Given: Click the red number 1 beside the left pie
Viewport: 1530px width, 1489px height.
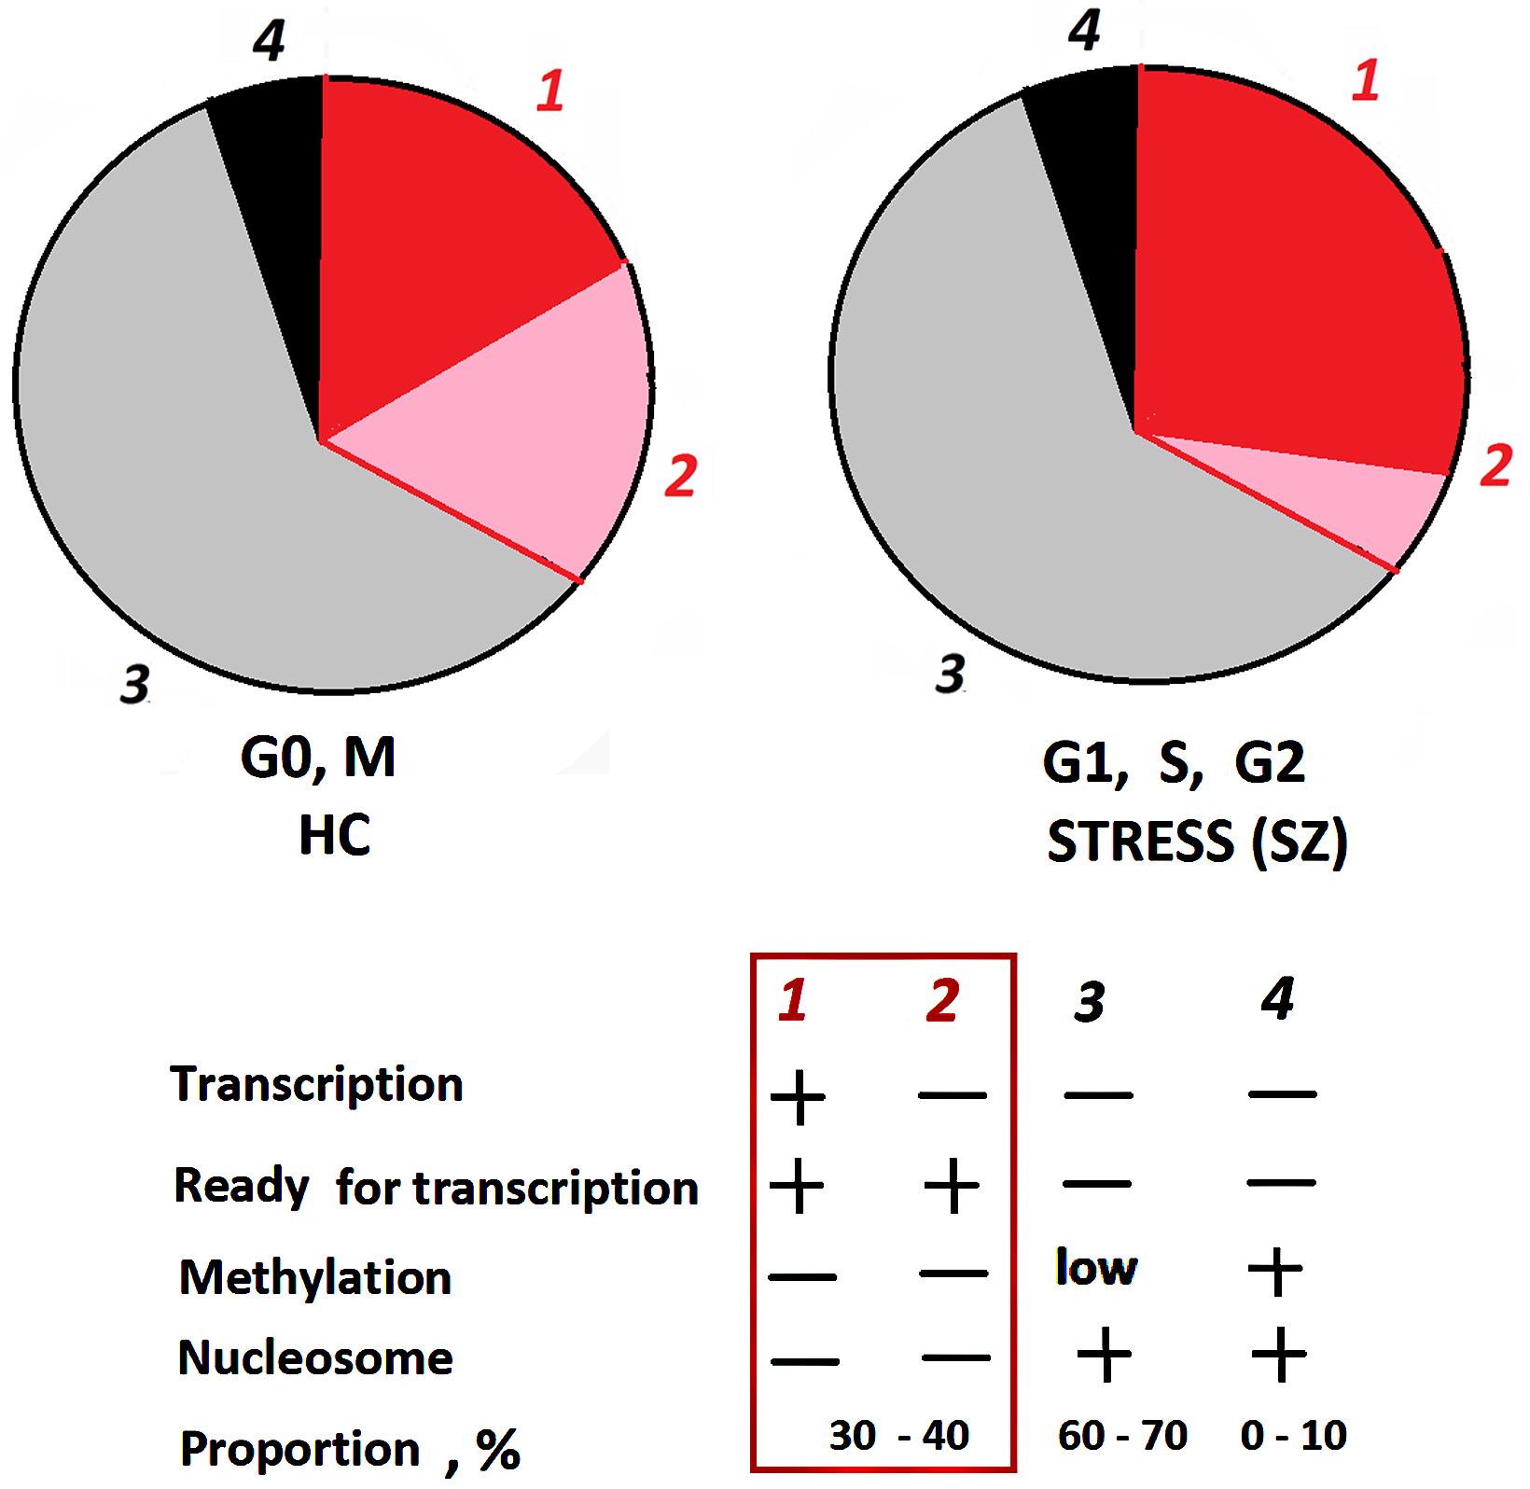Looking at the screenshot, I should coord(550,90).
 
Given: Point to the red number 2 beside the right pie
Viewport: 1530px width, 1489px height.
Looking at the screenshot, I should coord(1495,466).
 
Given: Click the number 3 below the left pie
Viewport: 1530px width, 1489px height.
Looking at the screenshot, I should coord(135,684).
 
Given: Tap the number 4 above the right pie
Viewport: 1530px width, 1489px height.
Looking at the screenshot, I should coord(1084,30).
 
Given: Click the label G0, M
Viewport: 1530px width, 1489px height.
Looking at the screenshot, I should coord(318,757).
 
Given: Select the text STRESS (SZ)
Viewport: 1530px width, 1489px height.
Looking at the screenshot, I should coord(1197,842).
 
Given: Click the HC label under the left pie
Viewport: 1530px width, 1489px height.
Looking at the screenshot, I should coord(334,835).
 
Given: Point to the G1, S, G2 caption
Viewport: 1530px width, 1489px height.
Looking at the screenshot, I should coord(1173,763).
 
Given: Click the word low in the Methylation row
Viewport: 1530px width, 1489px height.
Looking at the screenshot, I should coord(1096,1268).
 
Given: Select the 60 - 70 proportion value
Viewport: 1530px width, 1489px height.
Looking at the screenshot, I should coord(1122,1435).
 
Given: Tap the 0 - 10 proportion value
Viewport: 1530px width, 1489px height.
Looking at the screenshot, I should coord(1293,1435).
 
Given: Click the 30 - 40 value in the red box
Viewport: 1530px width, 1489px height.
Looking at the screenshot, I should coord(899,1435).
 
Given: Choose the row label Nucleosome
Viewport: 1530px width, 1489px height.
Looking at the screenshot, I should coord(315,1357).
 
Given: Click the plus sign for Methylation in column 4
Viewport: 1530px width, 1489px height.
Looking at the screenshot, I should coord(1275,1272).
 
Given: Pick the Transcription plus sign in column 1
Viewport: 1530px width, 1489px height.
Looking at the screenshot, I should coord(798,1097).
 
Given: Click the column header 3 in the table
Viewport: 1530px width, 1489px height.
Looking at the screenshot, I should coord(1089,1002).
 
